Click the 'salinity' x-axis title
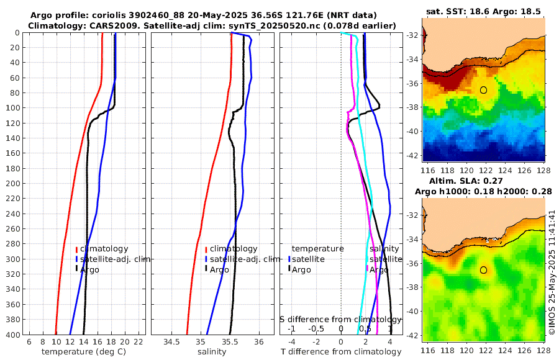point(212,352)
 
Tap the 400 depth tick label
point(12,334)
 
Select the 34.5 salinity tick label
point(171,342)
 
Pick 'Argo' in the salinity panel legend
point(219,269)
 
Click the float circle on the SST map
point(483,90)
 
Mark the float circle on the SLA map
point(483,270)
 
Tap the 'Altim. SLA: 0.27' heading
point(484,180)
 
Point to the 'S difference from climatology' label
point(341,318)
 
